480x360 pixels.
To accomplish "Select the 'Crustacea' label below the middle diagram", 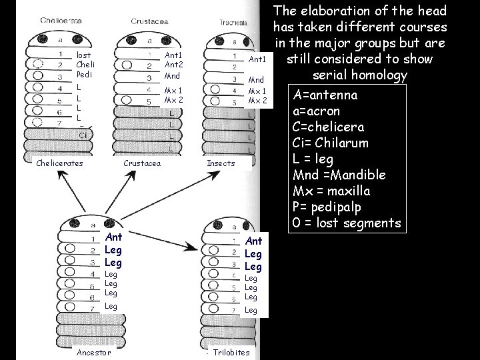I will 143,163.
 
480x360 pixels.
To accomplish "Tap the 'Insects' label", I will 221,163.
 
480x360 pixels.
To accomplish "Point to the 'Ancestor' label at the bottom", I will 94,352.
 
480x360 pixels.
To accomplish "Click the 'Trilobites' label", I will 231,352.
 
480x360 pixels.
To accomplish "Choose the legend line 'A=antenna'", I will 325,95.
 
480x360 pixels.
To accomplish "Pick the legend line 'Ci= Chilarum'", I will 330,143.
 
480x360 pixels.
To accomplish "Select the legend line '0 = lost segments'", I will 347,223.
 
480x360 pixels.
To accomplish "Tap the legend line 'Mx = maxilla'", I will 331,191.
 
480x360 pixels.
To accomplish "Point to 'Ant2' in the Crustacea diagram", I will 173,65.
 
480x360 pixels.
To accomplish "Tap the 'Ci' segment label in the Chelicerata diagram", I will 83,135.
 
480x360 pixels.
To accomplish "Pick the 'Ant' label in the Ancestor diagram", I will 113,237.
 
